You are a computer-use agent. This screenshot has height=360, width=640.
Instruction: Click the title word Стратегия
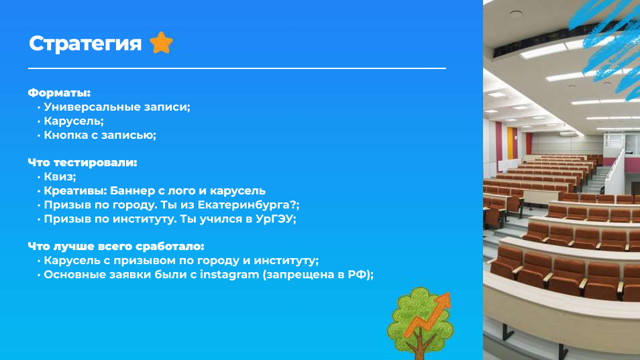[x=85, y=44]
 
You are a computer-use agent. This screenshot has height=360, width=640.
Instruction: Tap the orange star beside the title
[x=161, y=43]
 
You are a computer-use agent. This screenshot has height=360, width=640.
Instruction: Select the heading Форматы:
[x=59, y=93]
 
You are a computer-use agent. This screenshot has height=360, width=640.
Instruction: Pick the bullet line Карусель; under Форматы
[x=74, y=121]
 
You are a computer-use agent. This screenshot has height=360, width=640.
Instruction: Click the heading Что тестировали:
[x=83, y=163]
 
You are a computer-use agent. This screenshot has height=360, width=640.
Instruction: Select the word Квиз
[x=58, y=177]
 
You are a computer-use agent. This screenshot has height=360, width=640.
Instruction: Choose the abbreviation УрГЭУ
[x=274, y=219]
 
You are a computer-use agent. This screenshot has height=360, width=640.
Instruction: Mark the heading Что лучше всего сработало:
[x=116, y=246]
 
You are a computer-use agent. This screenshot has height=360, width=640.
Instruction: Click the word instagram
[x=229, y=275]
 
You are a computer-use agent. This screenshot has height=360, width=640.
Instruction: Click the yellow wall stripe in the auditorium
[x=510, y=143]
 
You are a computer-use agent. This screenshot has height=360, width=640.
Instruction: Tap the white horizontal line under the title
[x=237, y=68]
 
